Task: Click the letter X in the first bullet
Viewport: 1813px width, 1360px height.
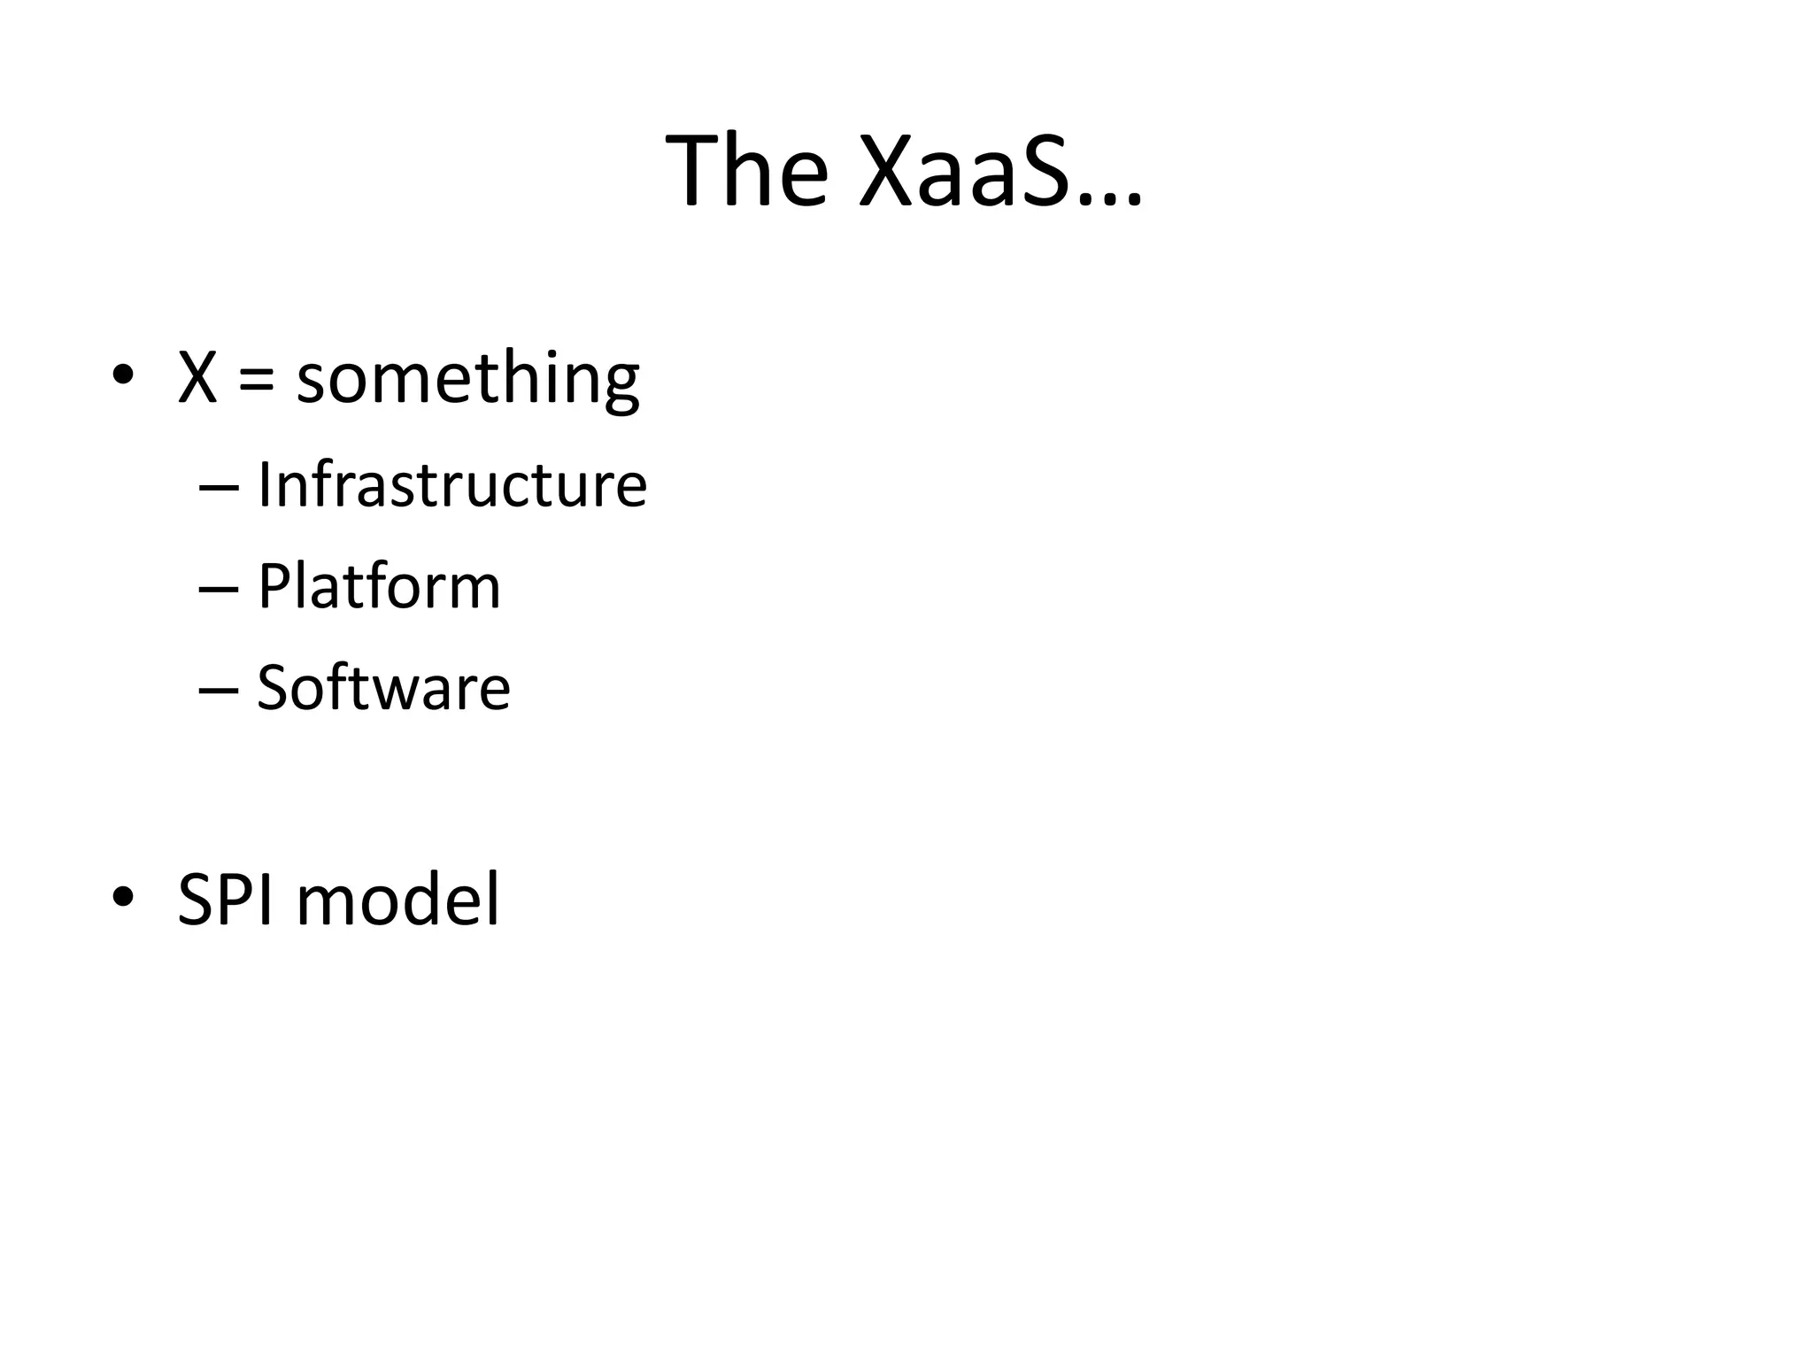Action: tap(197, 377)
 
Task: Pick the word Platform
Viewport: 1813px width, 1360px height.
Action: tap(379, 586)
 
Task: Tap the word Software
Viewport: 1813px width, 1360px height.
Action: tap(383, 687)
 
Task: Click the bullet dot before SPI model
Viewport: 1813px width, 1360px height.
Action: tap(123, 896)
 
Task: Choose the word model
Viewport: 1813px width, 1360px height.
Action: tap(397, 899)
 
